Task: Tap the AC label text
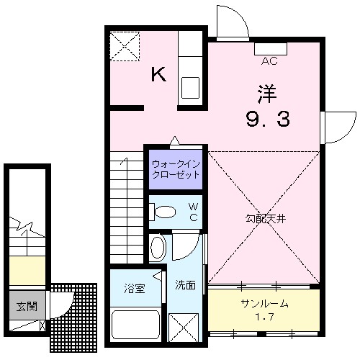(x=271, y=60)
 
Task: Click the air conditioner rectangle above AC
(x=271, y=49)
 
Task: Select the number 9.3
(x=267, y=119)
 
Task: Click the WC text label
(x=193, y=212)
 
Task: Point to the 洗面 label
(x=185, y=285)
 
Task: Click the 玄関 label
(x=26, y=305)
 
